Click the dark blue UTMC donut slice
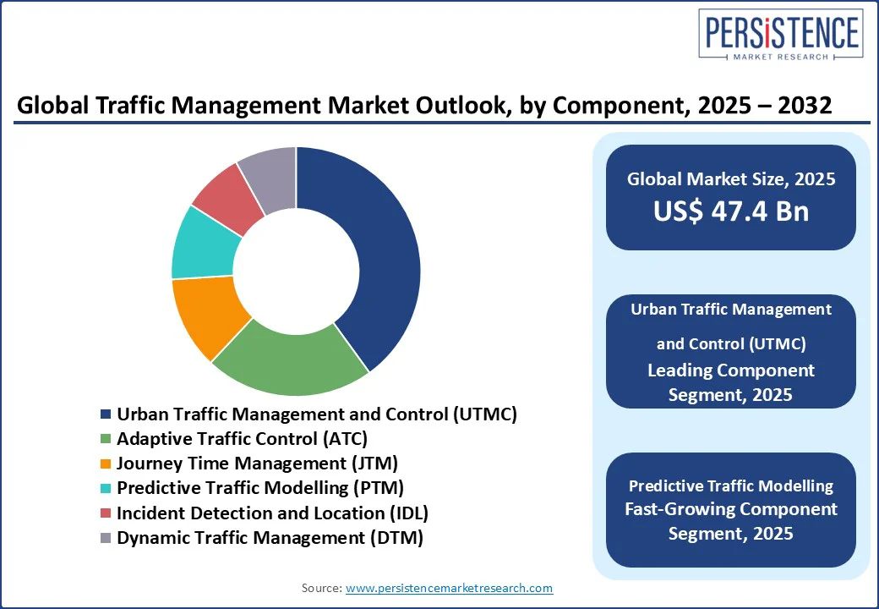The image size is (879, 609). click(380, 254)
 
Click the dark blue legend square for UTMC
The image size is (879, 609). click(106, 414)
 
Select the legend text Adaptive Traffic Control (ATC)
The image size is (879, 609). click(242, 439)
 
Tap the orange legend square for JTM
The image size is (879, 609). click(106, 464)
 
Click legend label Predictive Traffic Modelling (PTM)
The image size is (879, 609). click(259, 488)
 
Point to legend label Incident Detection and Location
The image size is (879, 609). click(272, 513)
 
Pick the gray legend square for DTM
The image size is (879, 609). click(106, 538)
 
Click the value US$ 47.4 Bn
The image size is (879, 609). click(730, 211)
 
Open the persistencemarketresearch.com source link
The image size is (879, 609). click(449, 588)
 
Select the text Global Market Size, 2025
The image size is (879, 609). click(730, 178)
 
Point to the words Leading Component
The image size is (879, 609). click(730, 370)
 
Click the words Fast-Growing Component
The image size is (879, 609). click(730, 509)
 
